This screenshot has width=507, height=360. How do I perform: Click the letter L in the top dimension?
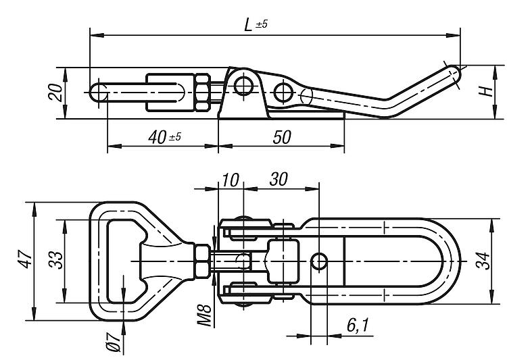tap(248, 24)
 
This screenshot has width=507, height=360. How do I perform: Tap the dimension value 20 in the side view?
tap(55, 93)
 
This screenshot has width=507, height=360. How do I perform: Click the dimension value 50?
tap(282, 137)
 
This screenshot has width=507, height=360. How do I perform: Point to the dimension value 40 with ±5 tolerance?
tap(165, 137)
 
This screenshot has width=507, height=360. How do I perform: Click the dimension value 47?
tap(25, 259)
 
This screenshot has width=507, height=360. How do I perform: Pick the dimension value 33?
tap(55, 260)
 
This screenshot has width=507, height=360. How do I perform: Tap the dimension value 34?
tap(483, 261)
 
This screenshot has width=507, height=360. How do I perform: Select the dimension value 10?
tap(231, 180)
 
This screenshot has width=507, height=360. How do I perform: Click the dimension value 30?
tap(279, 180)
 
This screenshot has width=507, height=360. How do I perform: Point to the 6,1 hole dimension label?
tap(358, 325)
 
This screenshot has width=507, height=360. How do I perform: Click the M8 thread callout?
tap(204, 315)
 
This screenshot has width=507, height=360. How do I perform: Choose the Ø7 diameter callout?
tap(114, 342)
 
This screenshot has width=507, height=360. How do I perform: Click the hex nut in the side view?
tap(203, 93)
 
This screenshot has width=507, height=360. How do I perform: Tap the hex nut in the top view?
tap(203, 261)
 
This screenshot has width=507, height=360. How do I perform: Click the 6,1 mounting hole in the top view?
tap(319, 261)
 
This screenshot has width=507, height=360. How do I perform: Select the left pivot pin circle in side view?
tap(243, 86)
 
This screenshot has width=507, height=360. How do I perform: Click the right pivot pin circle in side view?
tap(283, 93)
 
